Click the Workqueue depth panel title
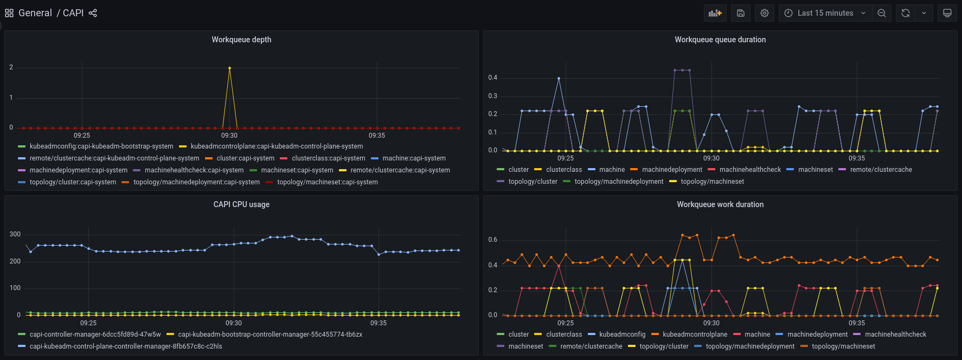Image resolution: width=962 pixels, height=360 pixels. pyautogui.click(x=241, y=40)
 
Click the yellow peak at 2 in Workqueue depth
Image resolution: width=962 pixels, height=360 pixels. pyautogui.click(x=229, y=68)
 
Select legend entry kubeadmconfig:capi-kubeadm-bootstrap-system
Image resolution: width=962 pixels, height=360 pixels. pyautogui.click(x=101, y=146)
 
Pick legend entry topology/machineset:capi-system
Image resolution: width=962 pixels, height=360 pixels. pyautogui.click(x=327, y=182)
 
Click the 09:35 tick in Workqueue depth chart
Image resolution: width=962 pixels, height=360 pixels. pyautogui.click(x=377, y=136)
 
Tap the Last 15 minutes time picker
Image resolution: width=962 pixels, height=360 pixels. pyautogui.click(x=825, y=13)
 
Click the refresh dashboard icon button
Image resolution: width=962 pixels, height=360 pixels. pyautogui.click(x=906, y=13)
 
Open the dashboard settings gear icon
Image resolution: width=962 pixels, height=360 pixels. pyautogui.click(x=765, y=13)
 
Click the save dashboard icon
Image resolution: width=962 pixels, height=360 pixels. pyautogui.click(x=741, y=13)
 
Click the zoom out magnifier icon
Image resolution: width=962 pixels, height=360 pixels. pyautogui.click(x=882, y=13)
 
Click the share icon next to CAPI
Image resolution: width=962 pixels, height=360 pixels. pyautogui.click(x=93, y=13)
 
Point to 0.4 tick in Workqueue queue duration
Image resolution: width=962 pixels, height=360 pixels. pyautogui.click(x=492, y=78)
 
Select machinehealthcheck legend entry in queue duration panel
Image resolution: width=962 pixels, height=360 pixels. pyautogui.click(x=750, y=170)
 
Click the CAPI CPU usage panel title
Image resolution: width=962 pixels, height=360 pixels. pyautogui.click(x=241, y=204)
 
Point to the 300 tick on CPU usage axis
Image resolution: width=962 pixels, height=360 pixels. pyautogui.click(x=15, y=234)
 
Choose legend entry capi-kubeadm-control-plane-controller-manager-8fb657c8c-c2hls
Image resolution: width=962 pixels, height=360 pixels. pyautogui.click(x=125, y=346)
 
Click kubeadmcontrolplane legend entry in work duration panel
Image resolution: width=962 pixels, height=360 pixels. pyautogui.click(x=695, y=335)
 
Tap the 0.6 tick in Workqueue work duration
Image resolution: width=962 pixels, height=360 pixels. pyautogui.click(x=492, y=240)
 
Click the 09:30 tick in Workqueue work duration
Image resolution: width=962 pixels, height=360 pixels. pyautogui.click(x=711, y=323)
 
